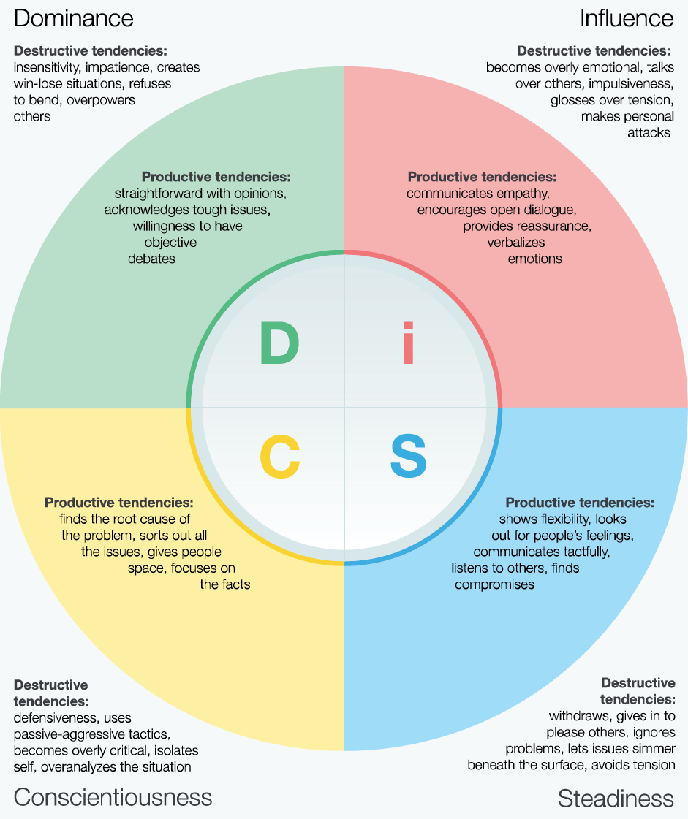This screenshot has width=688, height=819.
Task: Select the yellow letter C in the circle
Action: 279,457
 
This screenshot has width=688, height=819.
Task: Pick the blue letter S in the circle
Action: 408,457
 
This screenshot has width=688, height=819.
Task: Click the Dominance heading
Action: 73,18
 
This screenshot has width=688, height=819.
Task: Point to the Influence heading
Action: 626,18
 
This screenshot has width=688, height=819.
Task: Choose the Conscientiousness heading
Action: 113,796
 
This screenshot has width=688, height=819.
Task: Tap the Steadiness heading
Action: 616,799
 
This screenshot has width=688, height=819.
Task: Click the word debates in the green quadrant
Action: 151,259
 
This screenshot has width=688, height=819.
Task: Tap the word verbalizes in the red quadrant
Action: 516,242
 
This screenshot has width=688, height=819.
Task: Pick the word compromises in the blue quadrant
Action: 494,584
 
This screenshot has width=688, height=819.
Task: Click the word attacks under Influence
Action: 649,133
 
